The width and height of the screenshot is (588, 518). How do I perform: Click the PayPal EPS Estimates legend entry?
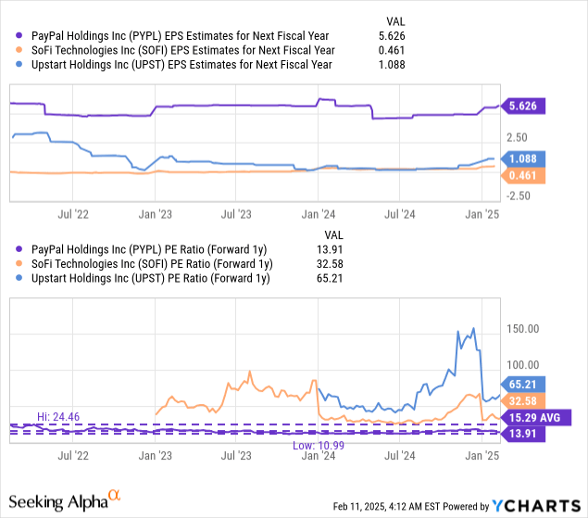(175, 35)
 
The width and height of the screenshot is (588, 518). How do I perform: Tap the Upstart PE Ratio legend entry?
(149, 279)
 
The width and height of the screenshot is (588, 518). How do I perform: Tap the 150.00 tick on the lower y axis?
(525, 328)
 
